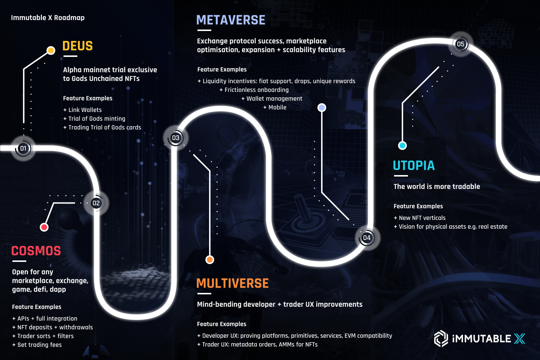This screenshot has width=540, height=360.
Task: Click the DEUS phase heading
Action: [77, 46]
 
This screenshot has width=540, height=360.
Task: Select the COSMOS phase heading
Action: [36, 251]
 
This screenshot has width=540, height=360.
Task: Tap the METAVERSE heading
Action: [231, 20]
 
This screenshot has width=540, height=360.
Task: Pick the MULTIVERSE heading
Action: [232, 283]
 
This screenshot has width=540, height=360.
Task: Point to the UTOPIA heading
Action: [414, 166]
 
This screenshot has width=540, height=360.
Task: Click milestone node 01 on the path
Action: [23, 148]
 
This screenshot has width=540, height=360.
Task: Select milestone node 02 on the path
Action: [96, 203]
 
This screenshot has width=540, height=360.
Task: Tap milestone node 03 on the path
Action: [175, 138]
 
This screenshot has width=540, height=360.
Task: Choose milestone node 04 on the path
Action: [367, 238]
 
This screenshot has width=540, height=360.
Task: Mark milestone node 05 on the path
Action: [460, 44]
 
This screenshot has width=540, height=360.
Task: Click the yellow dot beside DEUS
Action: [51, 50]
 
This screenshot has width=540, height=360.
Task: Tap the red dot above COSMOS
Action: [44, 227]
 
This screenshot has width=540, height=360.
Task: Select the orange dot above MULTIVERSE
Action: [210, 260]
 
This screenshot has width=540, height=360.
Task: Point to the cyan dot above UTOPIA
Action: [402, 146]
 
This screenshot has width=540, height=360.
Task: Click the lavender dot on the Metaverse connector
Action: [322, 108]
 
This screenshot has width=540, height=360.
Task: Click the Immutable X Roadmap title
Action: [48, 18]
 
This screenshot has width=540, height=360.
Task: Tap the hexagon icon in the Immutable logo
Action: [441, 338]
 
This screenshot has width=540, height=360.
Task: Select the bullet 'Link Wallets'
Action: [85, 110]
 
